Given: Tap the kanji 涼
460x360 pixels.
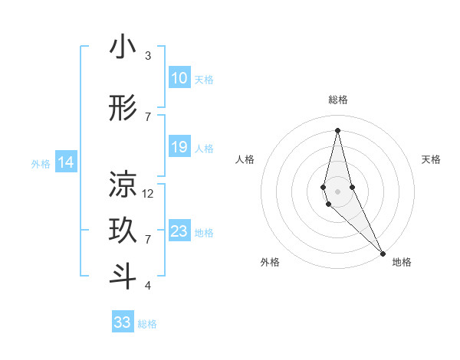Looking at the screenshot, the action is [123, 184].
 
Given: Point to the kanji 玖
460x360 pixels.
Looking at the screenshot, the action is [123, 231].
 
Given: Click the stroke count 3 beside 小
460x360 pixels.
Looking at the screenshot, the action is [148, 56].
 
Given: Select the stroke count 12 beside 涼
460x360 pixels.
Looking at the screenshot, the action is [148, 194].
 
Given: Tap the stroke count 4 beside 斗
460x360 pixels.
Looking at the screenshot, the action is [148, 286].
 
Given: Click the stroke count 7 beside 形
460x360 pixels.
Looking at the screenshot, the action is [148, 117].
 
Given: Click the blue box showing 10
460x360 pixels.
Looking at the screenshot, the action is [179, 78].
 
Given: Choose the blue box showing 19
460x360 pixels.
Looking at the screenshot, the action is [179, 147].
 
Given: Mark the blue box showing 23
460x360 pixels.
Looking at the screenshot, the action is [179, 231].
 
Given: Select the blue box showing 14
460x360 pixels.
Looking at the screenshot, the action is [65, 162].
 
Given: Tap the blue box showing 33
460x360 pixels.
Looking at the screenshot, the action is [123, 322].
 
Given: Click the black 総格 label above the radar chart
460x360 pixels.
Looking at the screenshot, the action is [338, 100].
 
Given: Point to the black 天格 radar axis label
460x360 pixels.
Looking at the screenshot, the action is [432, 159].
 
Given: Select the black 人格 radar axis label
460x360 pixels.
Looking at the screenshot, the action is [245, 159].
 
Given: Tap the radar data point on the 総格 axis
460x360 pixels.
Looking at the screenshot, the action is [337, 129].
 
